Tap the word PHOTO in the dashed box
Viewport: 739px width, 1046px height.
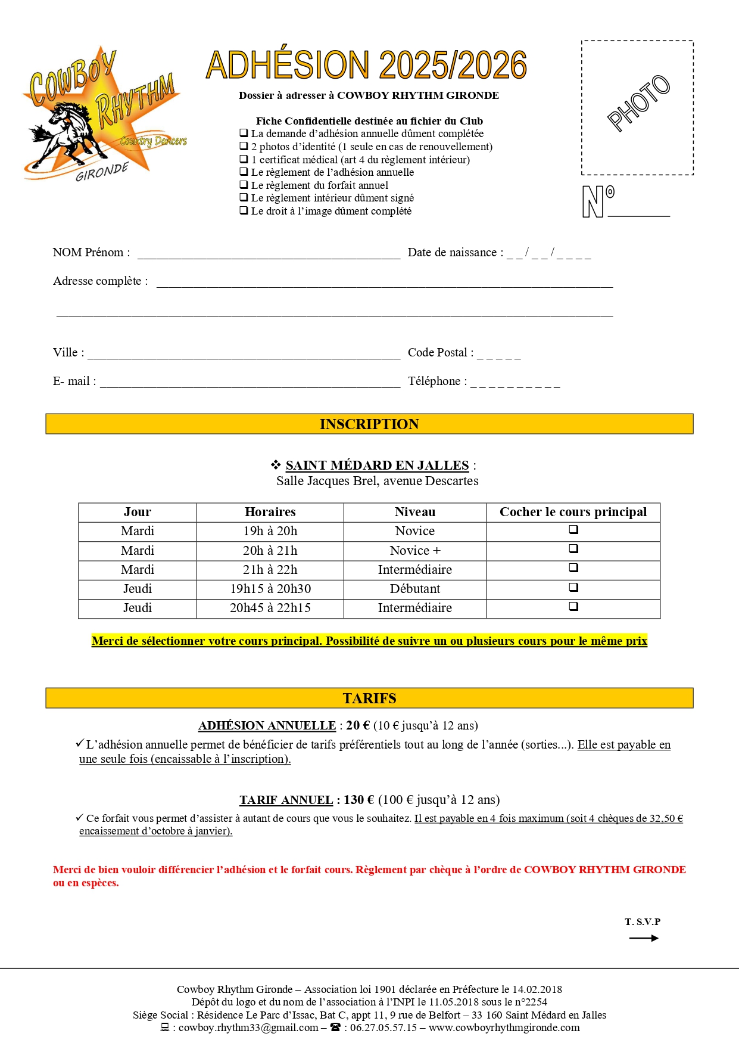(638, 103)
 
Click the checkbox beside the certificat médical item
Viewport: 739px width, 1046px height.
(244, 159)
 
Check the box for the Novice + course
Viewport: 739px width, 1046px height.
(573, 548)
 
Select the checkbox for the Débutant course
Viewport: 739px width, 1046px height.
(573, 587)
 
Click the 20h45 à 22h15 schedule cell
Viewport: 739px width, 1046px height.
(270, 608)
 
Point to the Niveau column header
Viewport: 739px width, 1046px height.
(414, 512)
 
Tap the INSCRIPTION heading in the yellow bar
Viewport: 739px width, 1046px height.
(369, 424)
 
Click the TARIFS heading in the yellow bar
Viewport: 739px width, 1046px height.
(369, 698)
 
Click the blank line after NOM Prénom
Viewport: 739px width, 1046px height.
(269, 254)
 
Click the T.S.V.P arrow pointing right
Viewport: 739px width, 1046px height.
(644, 938)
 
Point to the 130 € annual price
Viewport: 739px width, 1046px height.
(359, 800)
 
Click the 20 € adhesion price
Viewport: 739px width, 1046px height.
(358, 725)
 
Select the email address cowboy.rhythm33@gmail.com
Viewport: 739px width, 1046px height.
(248, 1028)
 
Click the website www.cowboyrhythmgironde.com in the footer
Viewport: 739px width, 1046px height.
(504, 1028)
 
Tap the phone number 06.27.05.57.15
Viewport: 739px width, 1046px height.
(383, 1028)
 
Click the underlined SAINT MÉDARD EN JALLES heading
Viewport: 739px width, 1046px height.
(377, 465)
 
